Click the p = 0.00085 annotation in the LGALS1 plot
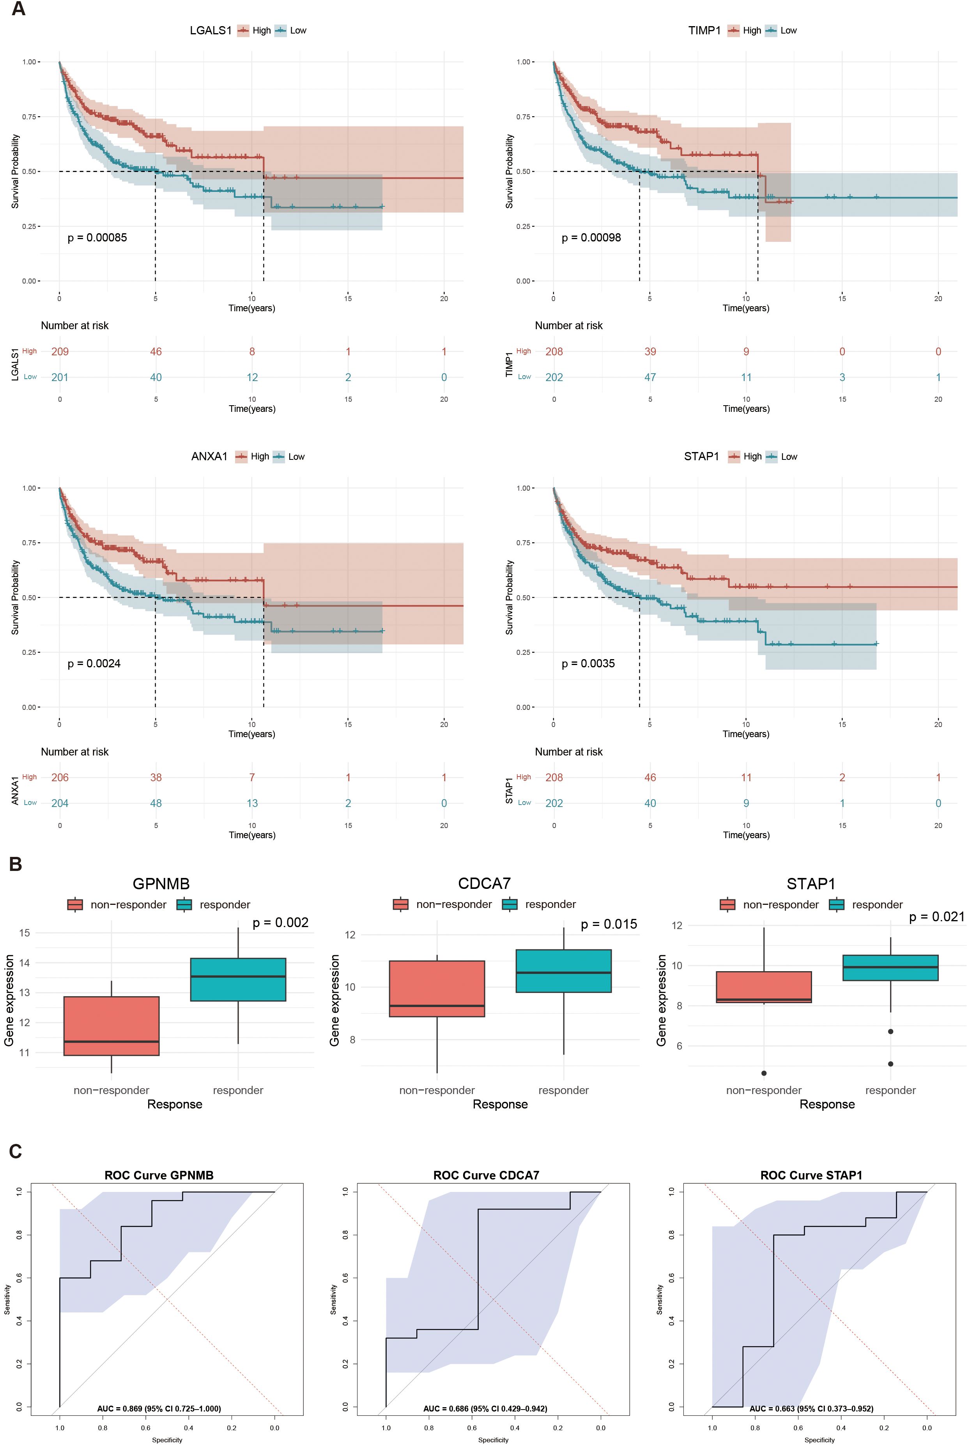pos(97,238)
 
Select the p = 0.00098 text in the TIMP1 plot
pos(591,238)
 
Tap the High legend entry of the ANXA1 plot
pos(259,456)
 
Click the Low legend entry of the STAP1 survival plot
pos(788,456)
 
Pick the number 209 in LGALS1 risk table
pos(60,351)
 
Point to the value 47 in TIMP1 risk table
pos(650,377)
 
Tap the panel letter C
pos(16,1151)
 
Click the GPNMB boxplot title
pos(161,884)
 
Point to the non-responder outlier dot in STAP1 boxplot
pos(764,1073)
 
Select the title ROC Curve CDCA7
pos(486,1175)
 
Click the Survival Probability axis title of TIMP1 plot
pos(509,171)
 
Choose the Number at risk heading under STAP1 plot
pos(568,752)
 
